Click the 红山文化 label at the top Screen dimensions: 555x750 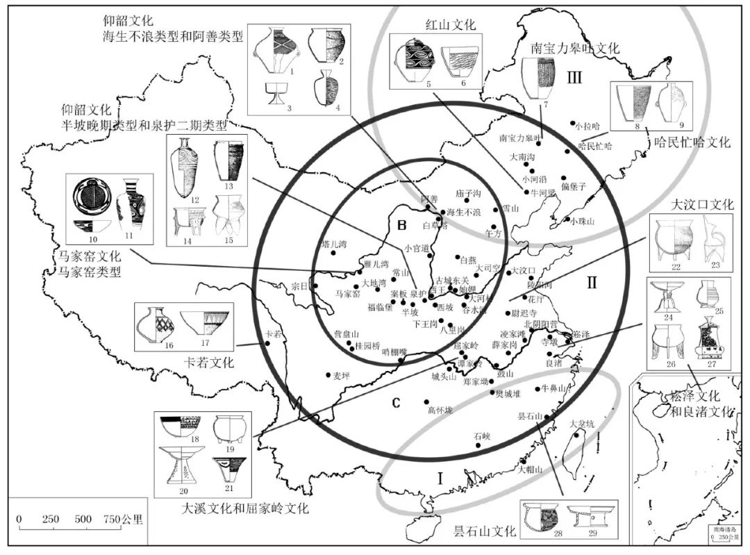click(x=451, y=25)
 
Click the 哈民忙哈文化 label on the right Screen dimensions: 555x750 click(x=692, y=142)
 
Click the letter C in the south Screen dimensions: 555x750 click(x=395, y=401)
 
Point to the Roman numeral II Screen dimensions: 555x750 click(x=592, y=283)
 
